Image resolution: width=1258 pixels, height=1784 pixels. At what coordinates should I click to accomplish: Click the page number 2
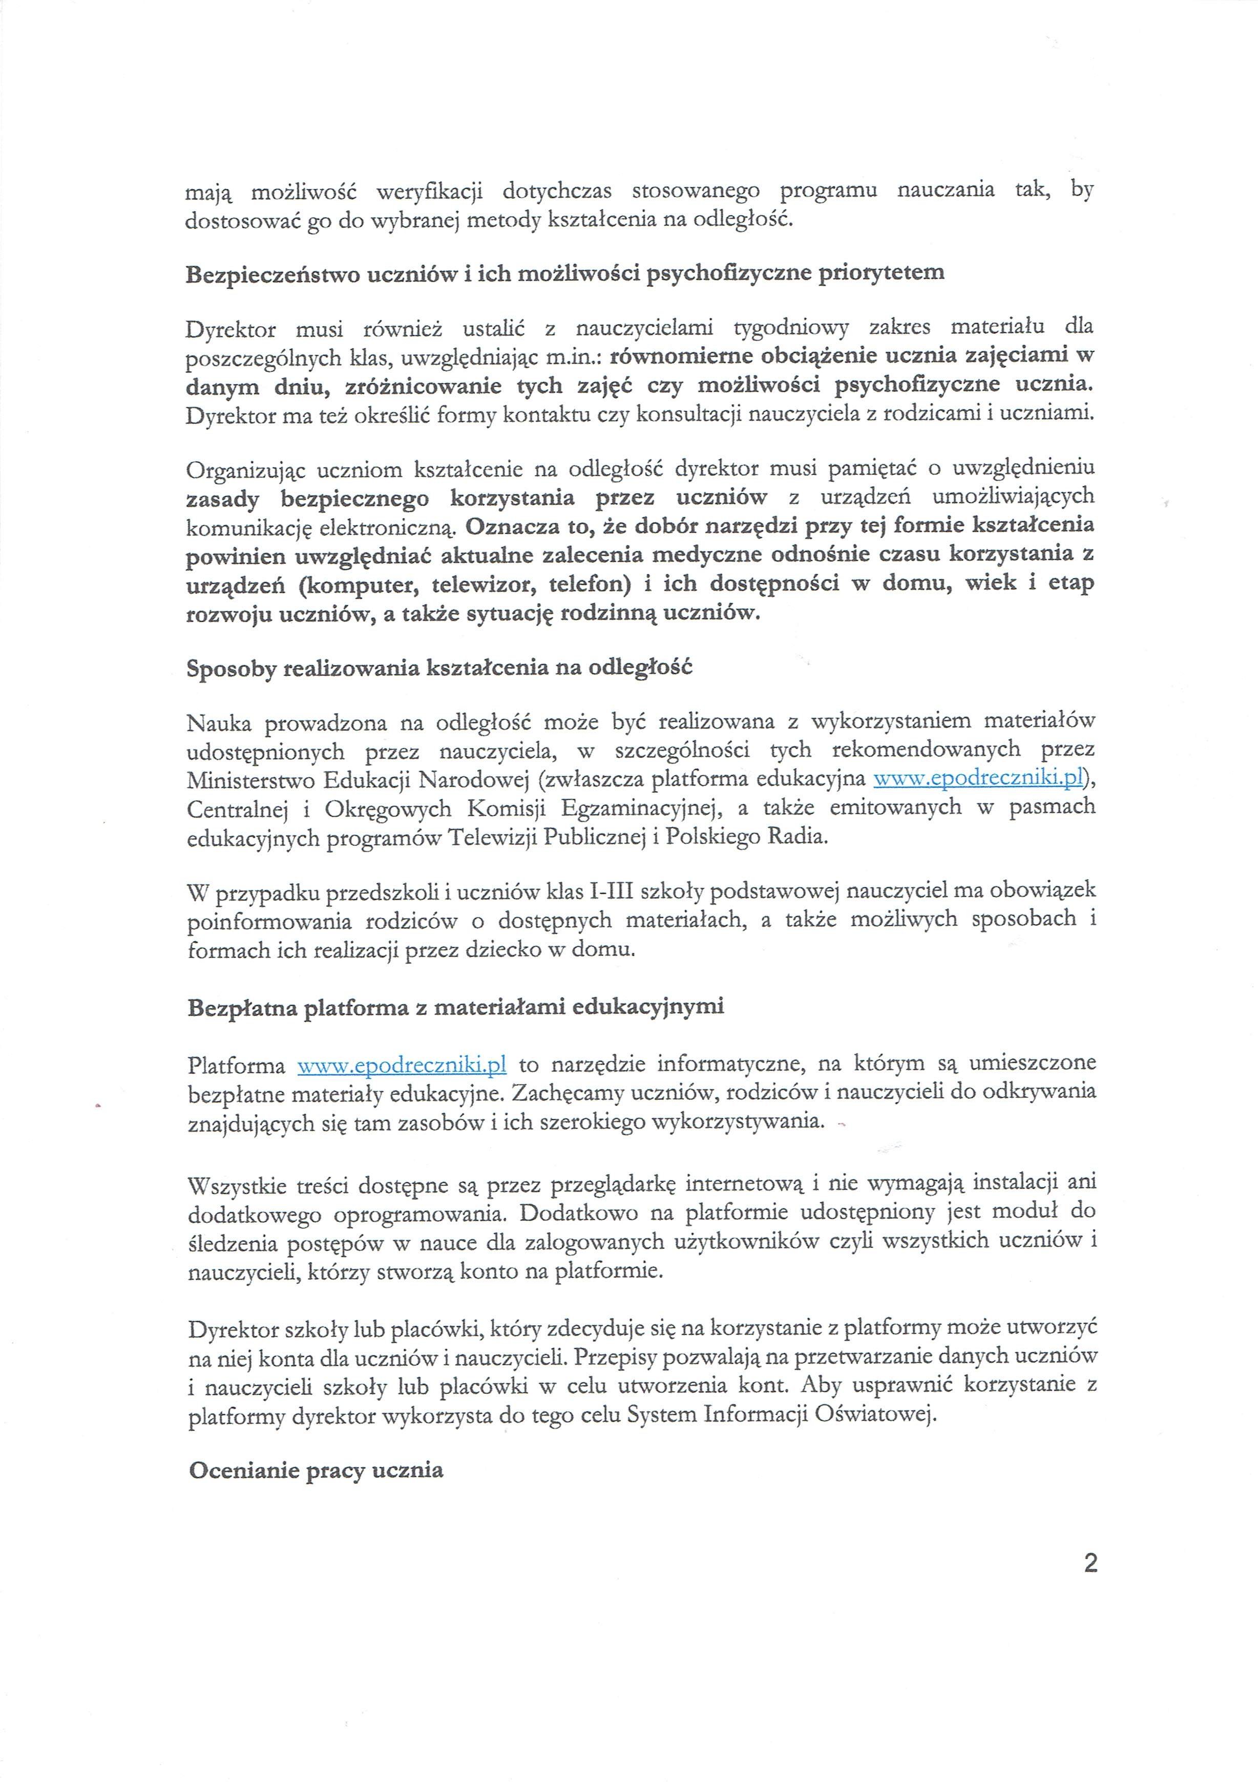(1090, 1563)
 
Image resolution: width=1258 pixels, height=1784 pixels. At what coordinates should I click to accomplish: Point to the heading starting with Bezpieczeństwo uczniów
(565, 273)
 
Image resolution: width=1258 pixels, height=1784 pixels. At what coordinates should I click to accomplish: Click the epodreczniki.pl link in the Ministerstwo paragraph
(978, 778)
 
